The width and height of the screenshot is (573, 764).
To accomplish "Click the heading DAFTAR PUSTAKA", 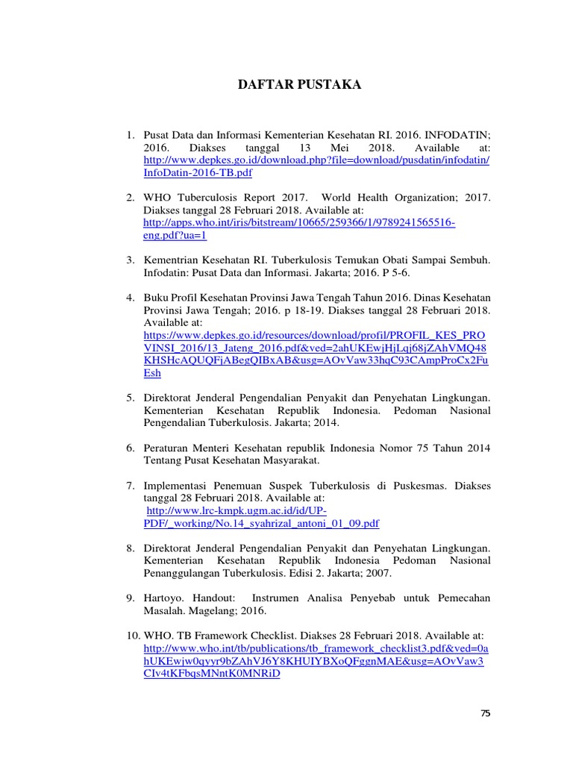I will pos(299,85).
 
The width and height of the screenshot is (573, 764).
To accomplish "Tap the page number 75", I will pos(486,714).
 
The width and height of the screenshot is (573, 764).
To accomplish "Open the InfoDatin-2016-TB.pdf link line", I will pos(198,173).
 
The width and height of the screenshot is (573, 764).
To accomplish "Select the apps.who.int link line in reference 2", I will pos(299,223).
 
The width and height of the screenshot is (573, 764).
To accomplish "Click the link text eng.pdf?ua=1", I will pos(175,236).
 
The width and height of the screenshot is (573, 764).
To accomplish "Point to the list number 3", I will pos(129,260).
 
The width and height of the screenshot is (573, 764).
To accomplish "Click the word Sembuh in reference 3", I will pos(472,260).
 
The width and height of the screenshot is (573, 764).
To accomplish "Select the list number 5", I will pos(129,398).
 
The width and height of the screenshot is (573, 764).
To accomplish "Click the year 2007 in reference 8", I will pos(378,574).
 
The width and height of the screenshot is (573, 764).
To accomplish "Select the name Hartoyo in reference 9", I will pos(163,598).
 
